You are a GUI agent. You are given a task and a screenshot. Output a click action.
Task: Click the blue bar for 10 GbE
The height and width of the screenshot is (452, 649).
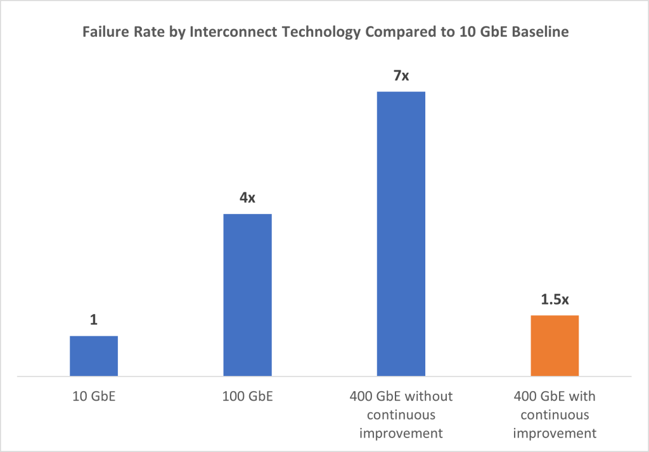[94, 356]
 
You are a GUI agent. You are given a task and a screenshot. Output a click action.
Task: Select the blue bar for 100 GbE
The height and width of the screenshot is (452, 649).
[247, 295]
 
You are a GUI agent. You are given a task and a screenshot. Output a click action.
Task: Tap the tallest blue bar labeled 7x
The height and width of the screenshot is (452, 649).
[401, 234]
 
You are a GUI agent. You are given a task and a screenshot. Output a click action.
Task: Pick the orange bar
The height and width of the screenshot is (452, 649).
[555, 346]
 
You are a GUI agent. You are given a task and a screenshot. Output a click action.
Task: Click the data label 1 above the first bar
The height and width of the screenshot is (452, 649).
[94, 320]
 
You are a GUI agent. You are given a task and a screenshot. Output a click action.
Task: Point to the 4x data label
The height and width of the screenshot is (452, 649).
[247, 198]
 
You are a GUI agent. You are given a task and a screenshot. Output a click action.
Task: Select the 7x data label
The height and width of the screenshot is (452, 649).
[401, 75]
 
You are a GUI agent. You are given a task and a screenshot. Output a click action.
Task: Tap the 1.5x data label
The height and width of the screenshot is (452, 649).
[555, 299]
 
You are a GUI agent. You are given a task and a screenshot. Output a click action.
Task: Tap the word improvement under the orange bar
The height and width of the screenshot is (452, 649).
[555, 434]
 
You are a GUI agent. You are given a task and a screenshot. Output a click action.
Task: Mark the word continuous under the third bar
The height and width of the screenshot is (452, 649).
[401, 415]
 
